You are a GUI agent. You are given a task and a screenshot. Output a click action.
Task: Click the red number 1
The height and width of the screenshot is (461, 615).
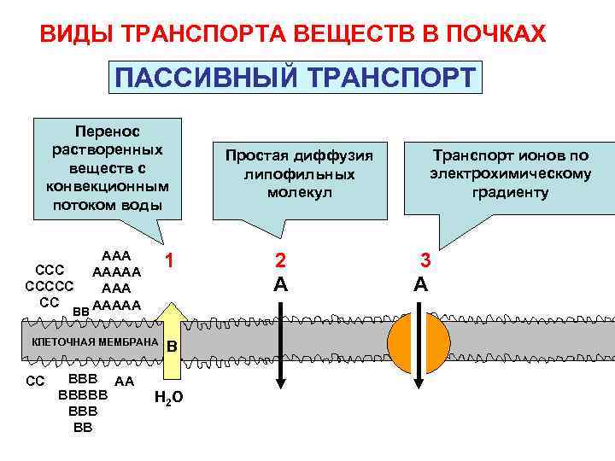click(171, 262)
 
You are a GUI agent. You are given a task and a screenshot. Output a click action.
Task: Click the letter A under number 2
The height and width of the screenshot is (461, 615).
click(280, 284)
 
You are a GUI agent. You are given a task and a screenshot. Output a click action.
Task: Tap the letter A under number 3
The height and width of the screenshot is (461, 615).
click(420, 284)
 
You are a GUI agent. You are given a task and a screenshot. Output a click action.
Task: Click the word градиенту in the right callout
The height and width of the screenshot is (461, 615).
click(510, 192)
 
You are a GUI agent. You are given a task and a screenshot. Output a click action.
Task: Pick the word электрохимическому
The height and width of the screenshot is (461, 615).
click(510, 174)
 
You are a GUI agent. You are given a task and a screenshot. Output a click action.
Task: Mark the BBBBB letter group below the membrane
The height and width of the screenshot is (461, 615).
click(83, 395)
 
